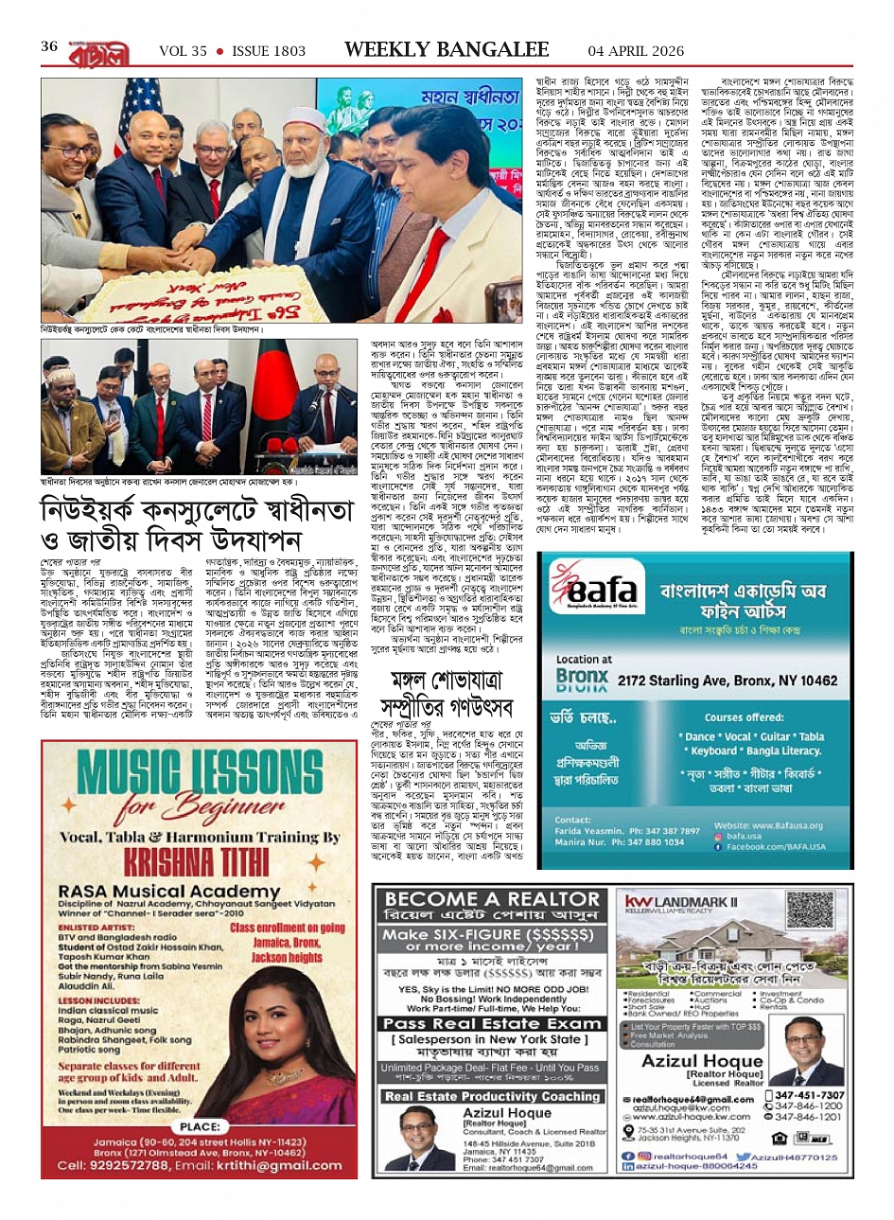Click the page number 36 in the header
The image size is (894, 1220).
tap(50, 46)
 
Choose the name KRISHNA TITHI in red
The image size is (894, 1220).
tap(196, 862)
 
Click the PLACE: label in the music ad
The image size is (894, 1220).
tap(200, 1126)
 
